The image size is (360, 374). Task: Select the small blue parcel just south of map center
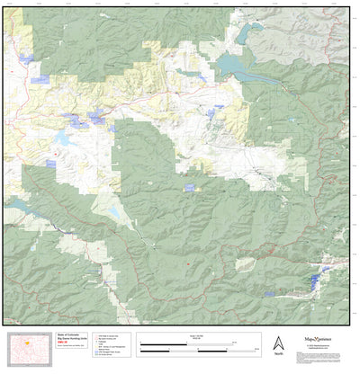coord(189,187)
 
